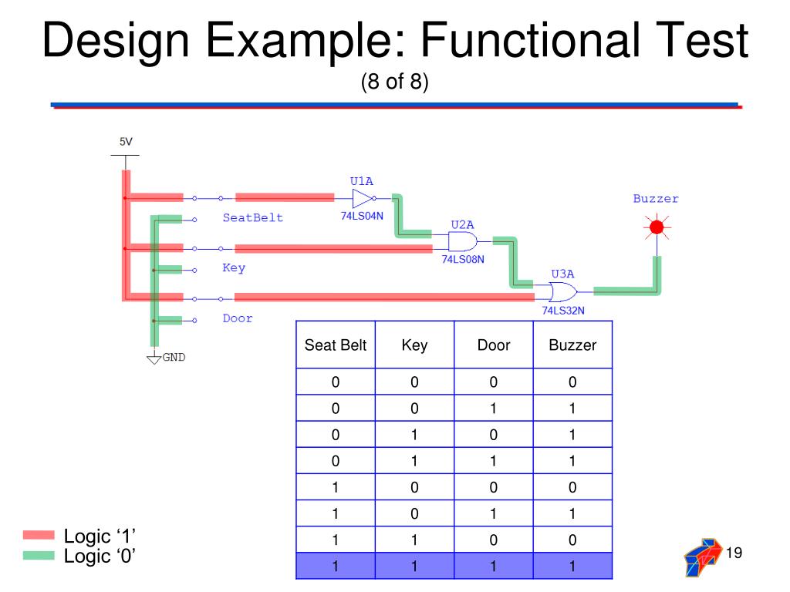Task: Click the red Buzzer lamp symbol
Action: (657, 227)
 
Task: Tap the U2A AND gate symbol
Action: (461, 242)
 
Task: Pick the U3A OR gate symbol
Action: (561, 292)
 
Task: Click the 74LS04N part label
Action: (361, 216)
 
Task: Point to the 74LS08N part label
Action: (463, 260)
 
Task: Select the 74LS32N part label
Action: (562, 311)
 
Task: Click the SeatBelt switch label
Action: (253, 217)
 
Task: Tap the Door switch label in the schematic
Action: (238, 318)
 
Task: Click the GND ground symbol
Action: (154, 357)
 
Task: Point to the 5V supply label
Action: (125, 142)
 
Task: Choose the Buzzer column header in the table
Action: (572, 345)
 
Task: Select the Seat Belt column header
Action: (336, 345)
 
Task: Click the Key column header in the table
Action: (414, 345)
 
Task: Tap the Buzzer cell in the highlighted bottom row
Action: (572, 567)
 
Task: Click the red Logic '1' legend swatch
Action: (39, 535)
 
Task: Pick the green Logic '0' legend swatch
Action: (39, 555)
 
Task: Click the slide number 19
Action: (734, 552)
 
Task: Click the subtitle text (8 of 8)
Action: (394, 82)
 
